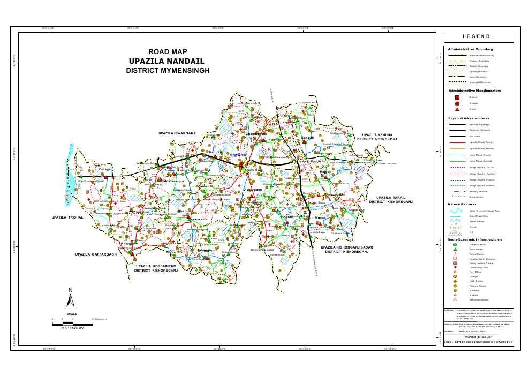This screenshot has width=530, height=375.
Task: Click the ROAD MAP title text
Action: point(168,52)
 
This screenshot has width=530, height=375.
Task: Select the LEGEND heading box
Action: point(478,37)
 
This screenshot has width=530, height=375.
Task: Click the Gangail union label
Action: point(307,138)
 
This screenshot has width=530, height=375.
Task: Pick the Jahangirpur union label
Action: point(206,250)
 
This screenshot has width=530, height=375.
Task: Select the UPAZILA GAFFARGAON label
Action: point(96,254)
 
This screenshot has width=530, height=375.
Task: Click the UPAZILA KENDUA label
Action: point(377,135)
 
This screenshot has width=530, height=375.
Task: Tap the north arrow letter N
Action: point(70,290)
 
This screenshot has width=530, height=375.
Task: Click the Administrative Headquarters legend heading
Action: point(474,91)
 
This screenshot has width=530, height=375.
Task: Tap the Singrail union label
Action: point(287,217)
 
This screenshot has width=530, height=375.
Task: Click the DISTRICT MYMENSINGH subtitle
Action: point(168,70)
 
